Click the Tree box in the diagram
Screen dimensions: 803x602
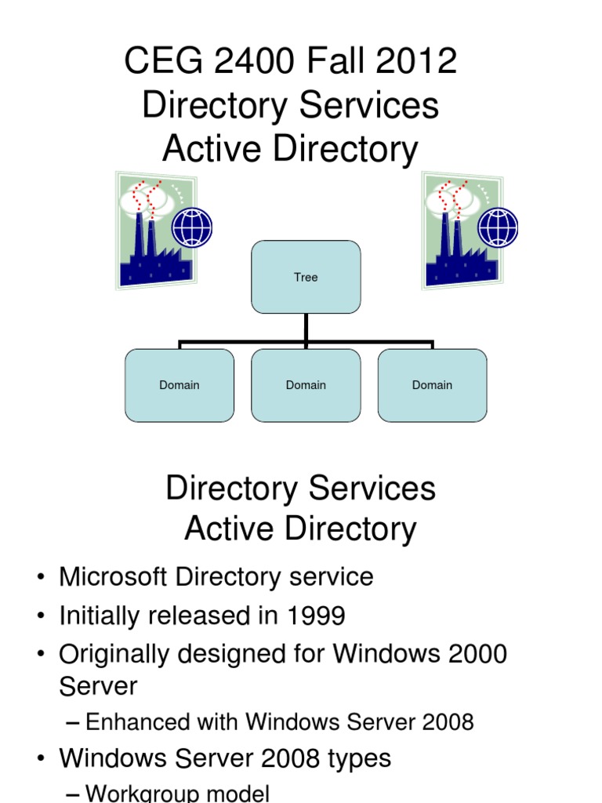[x=306, y=277]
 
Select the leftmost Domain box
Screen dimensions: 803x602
[x=180, y=385]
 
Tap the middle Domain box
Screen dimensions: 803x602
[x=306, y=385]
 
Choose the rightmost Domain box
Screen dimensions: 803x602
[x=432, y=385]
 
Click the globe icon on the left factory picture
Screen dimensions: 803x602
[x=192, y=227]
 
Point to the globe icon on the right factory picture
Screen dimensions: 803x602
[x=498, y=227]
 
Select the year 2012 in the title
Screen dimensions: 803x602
[x=419, y=61]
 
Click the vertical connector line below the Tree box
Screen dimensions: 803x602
[x=306, y=328]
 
